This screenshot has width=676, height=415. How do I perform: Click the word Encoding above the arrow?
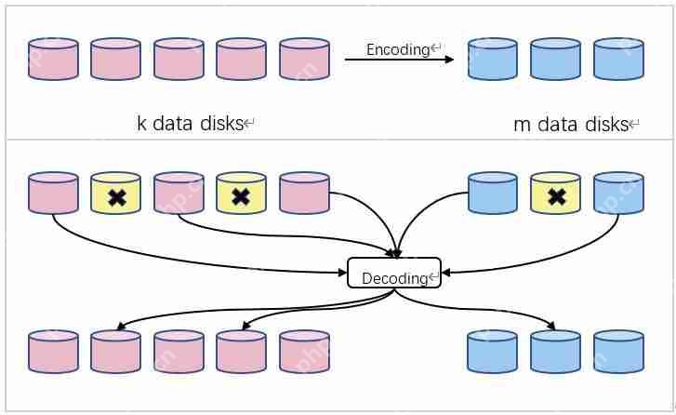397,49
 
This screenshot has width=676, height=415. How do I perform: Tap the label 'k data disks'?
191,123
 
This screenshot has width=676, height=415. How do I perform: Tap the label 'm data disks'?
571,124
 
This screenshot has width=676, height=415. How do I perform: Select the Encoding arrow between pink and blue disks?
399,60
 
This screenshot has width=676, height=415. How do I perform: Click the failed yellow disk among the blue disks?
555,194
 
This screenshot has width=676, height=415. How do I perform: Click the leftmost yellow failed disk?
115,194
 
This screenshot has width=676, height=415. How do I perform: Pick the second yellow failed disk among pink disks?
241,194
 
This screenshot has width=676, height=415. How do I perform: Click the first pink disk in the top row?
53,59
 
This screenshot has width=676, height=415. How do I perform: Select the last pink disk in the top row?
304,59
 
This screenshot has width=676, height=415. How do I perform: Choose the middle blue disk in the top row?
555,59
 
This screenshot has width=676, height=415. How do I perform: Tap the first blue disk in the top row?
492,59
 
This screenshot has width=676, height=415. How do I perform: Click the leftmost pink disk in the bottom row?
53,351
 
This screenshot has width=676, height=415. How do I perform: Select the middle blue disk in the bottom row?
555,351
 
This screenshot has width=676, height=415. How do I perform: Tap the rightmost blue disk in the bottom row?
618,351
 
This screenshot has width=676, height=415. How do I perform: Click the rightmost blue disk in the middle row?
618,194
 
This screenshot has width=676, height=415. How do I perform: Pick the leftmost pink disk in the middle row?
53,194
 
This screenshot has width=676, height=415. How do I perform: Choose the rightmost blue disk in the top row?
618,59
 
